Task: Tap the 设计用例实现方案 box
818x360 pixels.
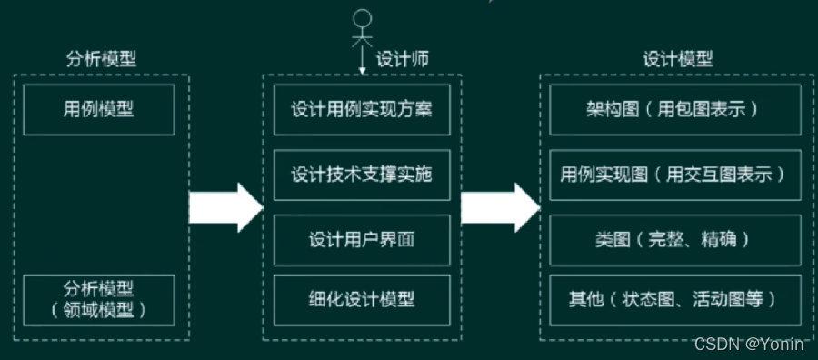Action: pyautogui.click(x=362, y=110)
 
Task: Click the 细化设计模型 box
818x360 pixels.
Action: pyautogui.click(x=362, y=298)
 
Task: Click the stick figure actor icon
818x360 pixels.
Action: pyautogui.click(x=364, y=27)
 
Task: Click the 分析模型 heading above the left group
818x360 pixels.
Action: pyautogui.click(x=101, y=59)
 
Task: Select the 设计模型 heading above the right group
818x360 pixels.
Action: pyautogui.click(x=677, y=59)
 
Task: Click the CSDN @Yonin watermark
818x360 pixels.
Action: pyautogui.click(x=752, y=344)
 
